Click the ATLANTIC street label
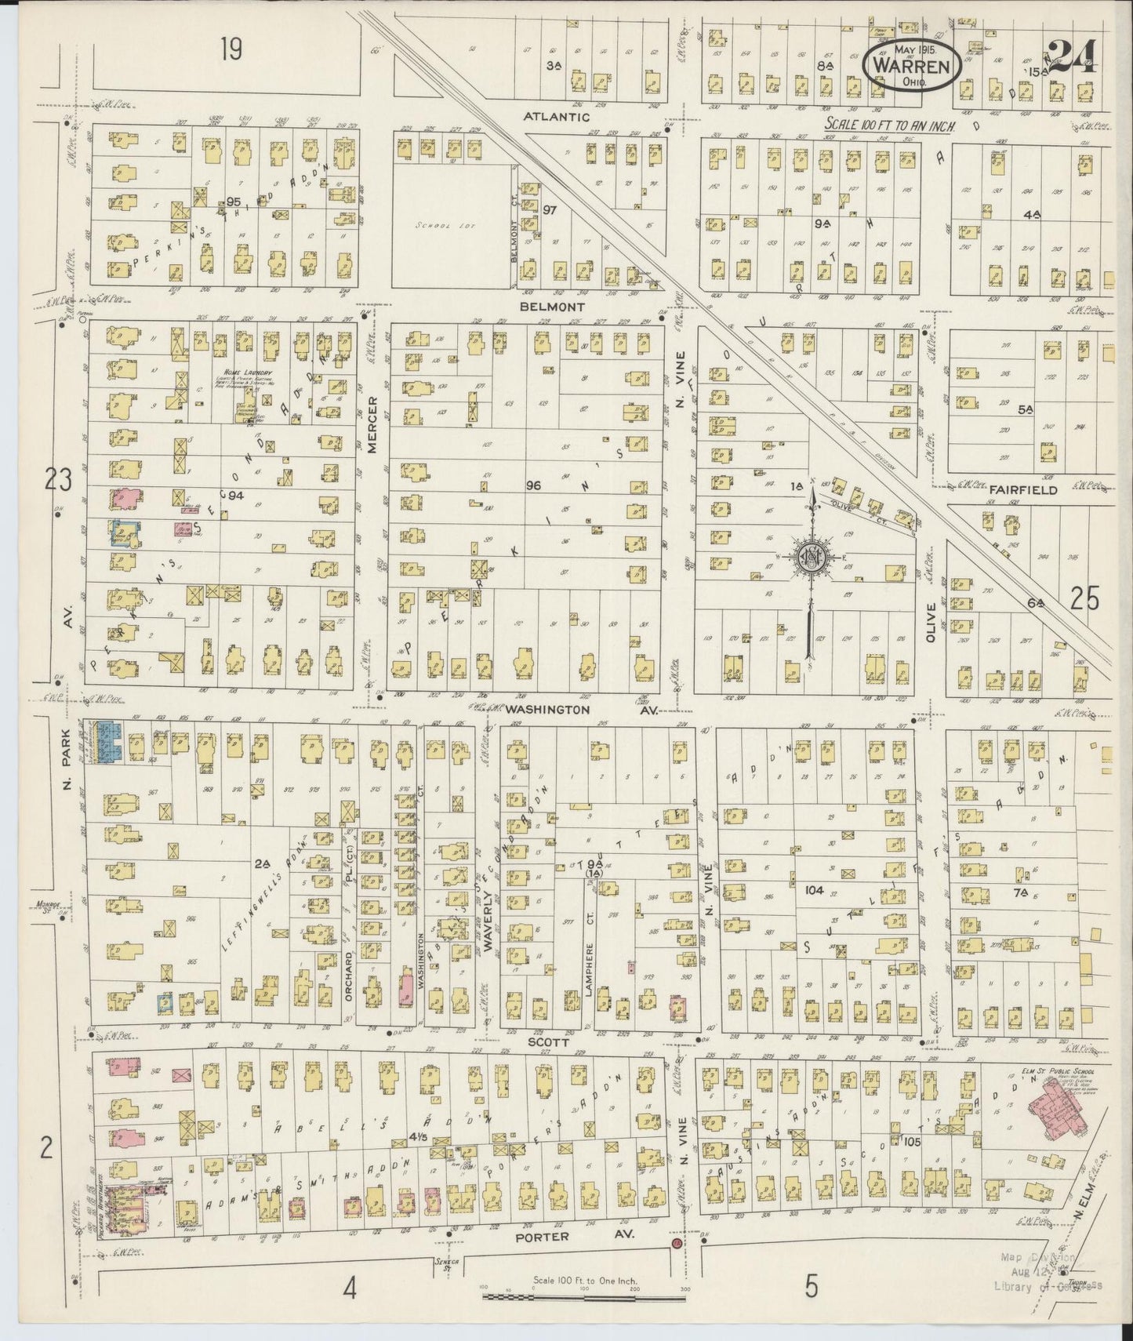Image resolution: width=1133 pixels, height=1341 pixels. click(x=557, y=116)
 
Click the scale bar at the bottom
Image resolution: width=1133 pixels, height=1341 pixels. click(x=583, y=1297)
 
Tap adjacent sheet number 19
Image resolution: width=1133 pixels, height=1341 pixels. click(x=231, y=50)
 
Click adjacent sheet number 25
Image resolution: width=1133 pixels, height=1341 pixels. click(x=1084, y=599)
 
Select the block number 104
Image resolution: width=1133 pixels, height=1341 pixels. click(x=814, y=890)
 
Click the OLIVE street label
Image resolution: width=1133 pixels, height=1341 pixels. click(x=931, y=623)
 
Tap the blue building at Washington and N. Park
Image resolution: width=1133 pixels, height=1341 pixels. click(x=107, y=741)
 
